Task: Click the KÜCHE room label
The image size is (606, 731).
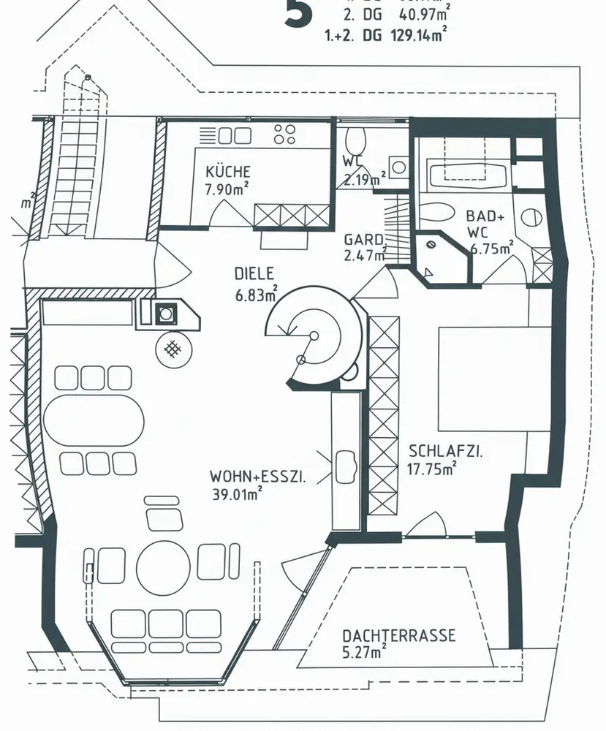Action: coord(228,172)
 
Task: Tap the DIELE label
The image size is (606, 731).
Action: coord(254,274)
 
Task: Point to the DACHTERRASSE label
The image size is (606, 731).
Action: coord(398,635)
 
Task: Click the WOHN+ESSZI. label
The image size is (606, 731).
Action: coord(257,477)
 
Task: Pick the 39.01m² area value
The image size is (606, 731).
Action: coord(238,494)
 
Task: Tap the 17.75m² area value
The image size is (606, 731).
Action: coord(432,468)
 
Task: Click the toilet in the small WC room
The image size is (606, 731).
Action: coord(357,140)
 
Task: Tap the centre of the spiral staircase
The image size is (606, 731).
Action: coord(314,336)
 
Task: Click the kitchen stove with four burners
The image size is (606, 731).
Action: coord(284,134)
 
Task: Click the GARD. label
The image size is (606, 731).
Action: coord(364,240)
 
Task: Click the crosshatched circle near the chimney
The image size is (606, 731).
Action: coord(173,349)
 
